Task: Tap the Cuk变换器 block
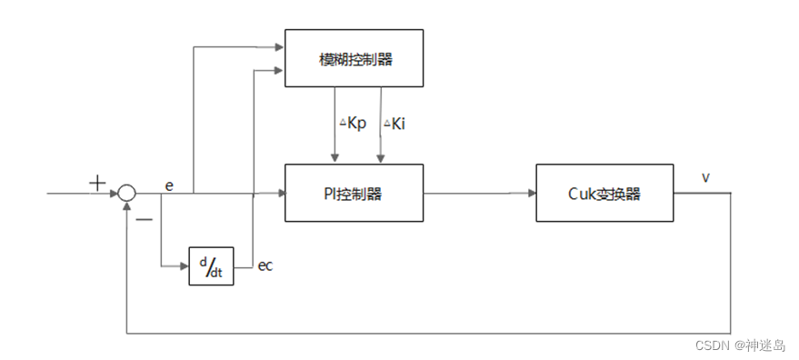pos(604,193)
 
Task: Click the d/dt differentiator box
pos(211,265)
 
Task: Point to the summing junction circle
pos(126,193)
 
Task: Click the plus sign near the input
pos(97,183)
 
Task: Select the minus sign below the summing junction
pos(144,218)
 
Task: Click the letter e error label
pos(169,185)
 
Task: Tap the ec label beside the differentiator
pos(265,265)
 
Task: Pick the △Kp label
pos(353,124)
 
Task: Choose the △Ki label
pos(394,124)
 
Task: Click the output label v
pos(705,177)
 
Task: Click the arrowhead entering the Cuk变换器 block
pos(531,193)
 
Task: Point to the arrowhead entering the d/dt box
pos(185,265)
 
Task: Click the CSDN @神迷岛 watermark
pos(740,345)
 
